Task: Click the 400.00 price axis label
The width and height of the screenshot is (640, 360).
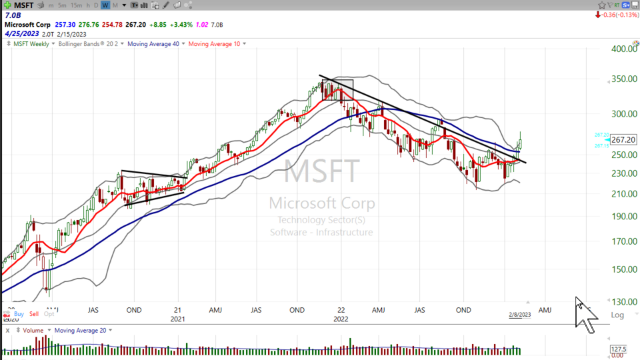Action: tap(625, 49)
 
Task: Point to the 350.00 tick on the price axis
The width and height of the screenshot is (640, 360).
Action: tap(625, 79)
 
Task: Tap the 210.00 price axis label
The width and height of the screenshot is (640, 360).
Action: tap(625, 194)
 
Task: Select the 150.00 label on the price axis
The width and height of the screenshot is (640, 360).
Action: tap(625, 269)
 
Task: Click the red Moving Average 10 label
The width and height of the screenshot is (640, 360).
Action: tap(215, 44)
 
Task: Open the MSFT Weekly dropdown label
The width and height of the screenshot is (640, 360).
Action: tap(31, 44)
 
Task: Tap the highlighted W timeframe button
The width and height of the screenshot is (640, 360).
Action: tap(105, 5)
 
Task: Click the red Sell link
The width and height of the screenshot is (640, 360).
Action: tap(34, 313)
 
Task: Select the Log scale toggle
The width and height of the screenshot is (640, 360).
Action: tap(617, 315)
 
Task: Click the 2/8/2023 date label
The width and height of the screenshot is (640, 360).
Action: tap(519, 315)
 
